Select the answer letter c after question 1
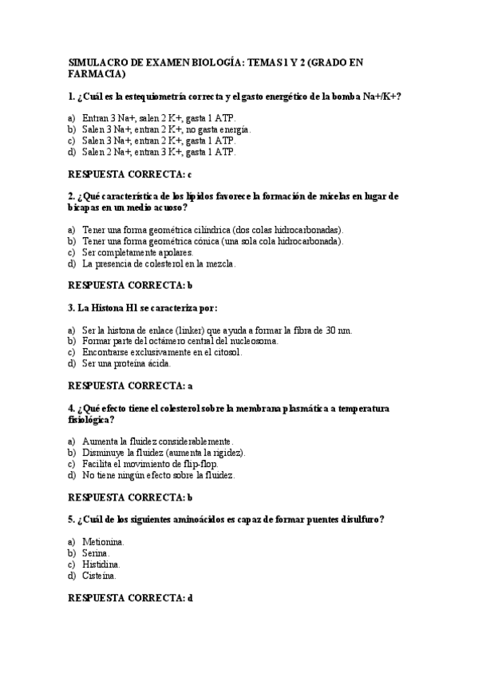pos(189,174)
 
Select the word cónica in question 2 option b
pos(203,240)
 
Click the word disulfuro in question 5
pos(359,519)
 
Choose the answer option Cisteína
pos(100,575)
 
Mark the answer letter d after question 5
pos(189,597)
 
